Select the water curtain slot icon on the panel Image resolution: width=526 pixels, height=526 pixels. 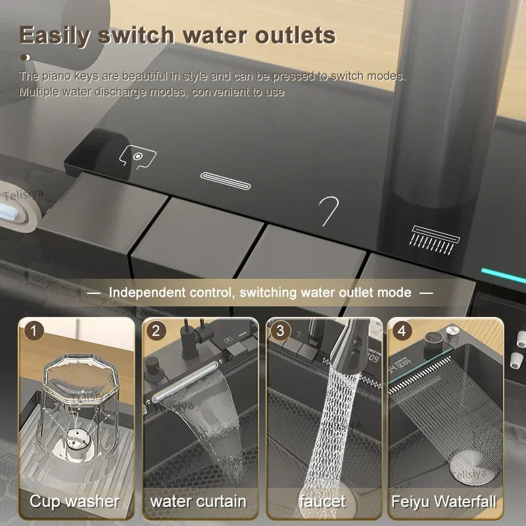coord(226,181)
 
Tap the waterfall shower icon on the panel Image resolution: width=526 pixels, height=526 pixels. coord(431,237)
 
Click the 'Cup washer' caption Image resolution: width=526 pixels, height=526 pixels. coord(74,502)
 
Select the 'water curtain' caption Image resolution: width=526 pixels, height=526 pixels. coord(199,502)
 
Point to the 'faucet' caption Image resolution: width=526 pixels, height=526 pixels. coord(322,502)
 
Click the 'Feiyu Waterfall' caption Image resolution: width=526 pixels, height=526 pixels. coord(444,502)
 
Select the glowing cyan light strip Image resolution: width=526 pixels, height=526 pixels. coord(502,275)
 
